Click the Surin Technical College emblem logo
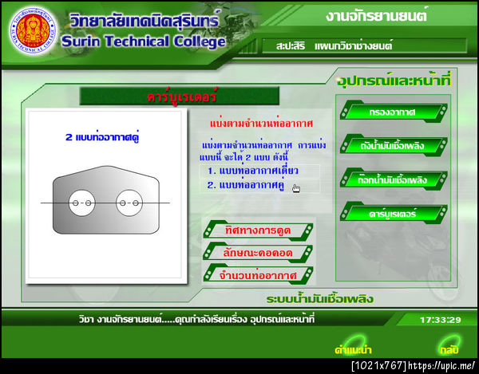tap(31, 30)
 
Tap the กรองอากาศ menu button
tap(392, 112)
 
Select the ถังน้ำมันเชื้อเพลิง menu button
tap(392, 146)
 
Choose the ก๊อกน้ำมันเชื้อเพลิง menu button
tap(392, 179)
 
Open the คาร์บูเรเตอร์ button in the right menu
tap(392, 213)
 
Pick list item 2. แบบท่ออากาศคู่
tap(247, 185)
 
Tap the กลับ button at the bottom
tap(448, 348)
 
